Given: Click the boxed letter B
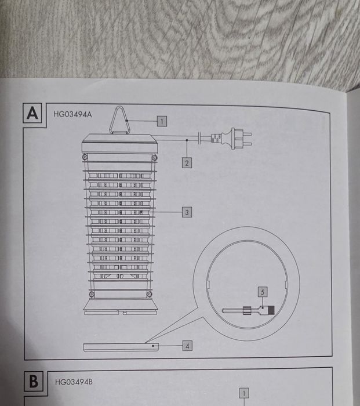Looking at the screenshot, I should (34, 381).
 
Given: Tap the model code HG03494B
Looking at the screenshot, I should (74, 382).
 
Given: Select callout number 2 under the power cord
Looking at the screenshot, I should (187, 163).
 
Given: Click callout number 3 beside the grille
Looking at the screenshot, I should (187, 212).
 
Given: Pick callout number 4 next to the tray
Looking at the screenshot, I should (187, 346).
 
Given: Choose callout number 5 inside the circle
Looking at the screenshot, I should (263, 292).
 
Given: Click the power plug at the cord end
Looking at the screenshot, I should (238, 139).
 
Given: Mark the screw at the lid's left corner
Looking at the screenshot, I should (85, 157).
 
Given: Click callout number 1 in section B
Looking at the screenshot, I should (244, 392).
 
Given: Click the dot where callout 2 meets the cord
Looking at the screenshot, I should (187, 140).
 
